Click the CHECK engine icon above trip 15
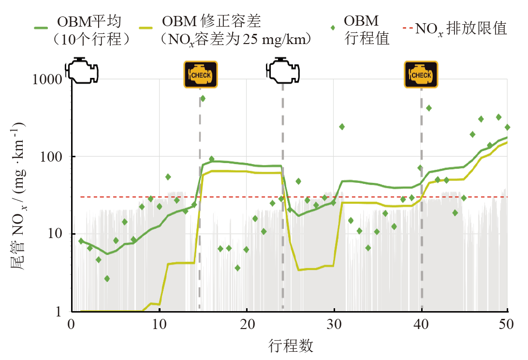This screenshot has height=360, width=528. tap(201, 75)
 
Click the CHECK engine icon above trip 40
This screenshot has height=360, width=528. tap(421, 75)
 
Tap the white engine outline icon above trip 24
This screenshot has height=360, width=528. tap(283, 71)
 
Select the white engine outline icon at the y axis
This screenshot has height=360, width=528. tap(83, 71)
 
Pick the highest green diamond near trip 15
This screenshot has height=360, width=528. tap(203, 98)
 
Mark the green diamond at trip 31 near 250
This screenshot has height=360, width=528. tap(342, 127)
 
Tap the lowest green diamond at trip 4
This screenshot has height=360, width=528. tap(107, 279)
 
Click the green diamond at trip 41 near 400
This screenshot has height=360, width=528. tap(429, 108)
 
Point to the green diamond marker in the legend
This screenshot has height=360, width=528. tap(332, 28)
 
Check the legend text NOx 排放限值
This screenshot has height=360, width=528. tap(461, 29)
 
